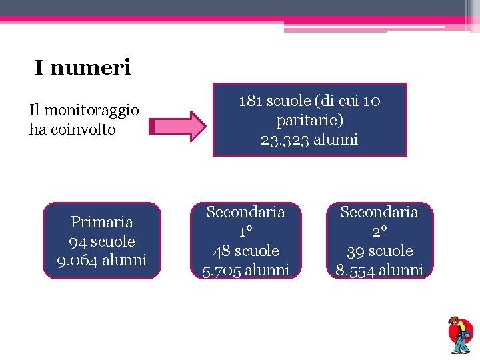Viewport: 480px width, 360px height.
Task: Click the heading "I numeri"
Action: (x=83, y=67)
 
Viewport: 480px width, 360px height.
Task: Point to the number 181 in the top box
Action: (x=251, y=101)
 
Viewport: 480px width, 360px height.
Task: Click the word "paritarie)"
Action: (x=309, y=120)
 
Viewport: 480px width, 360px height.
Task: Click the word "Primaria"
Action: (x=102, y=221)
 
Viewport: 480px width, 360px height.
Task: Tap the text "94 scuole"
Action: (x=102, y=241)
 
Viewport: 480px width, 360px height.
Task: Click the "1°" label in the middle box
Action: (x=246, y=231)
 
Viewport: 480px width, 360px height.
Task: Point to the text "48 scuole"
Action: (x=246, y=251)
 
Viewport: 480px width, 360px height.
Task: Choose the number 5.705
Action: (x=222, y=270)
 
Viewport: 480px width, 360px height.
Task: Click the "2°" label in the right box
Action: (x=379, y=231)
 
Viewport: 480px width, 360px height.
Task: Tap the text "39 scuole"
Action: (x=379, y=251)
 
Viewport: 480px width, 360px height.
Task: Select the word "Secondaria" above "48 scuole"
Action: (x=246, y=212)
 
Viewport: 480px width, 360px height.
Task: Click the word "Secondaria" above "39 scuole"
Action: (x=379, y=212)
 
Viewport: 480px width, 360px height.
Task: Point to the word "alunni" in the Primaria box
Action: (x=125, y=260)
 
